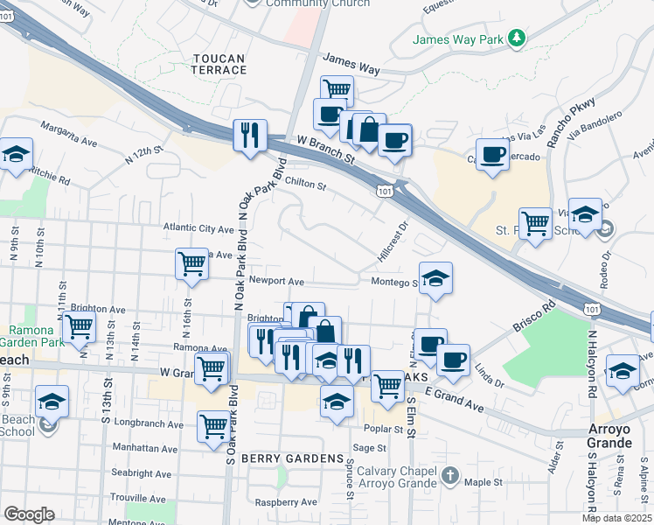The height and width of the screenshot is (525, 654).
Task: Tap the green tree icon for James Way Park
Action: pyautogui.click(x=518, y=38)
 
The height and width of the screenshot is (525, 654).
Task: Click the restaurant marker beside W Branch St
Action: pyautogui.click(x=249, y=136)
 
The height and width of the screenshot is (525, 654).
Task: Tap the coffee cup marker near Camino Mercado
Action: pyautogui.click(x=493, y=154)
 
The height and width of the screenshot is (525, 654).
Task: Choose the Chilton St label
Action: pyautogui.click(x=305, y=185)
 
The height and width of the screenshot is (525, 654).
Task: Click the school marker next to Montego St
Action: pyautogui.click(x=435, y=278)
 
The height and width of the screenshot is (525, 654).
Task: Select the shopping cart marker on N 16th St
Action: pyautogui.click(x=191, y=263)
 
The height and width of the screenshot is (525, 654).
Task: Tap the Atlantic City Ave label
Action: pyautogui.click(x=198, y=228)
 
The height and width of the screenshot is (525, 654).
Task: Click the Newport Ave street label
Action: pyautogui.click(x=275, y=282)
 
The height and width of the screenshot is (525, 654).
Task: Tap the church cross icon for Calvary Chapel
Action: pyautogui.click(x=450, y=476)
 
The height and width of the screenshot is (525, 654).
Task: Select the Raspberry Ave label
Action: pyautogui.click(x=286, y=503)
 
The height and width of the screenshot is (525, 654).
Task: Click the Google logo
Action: pyautogui.click(x=29, y=514)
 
